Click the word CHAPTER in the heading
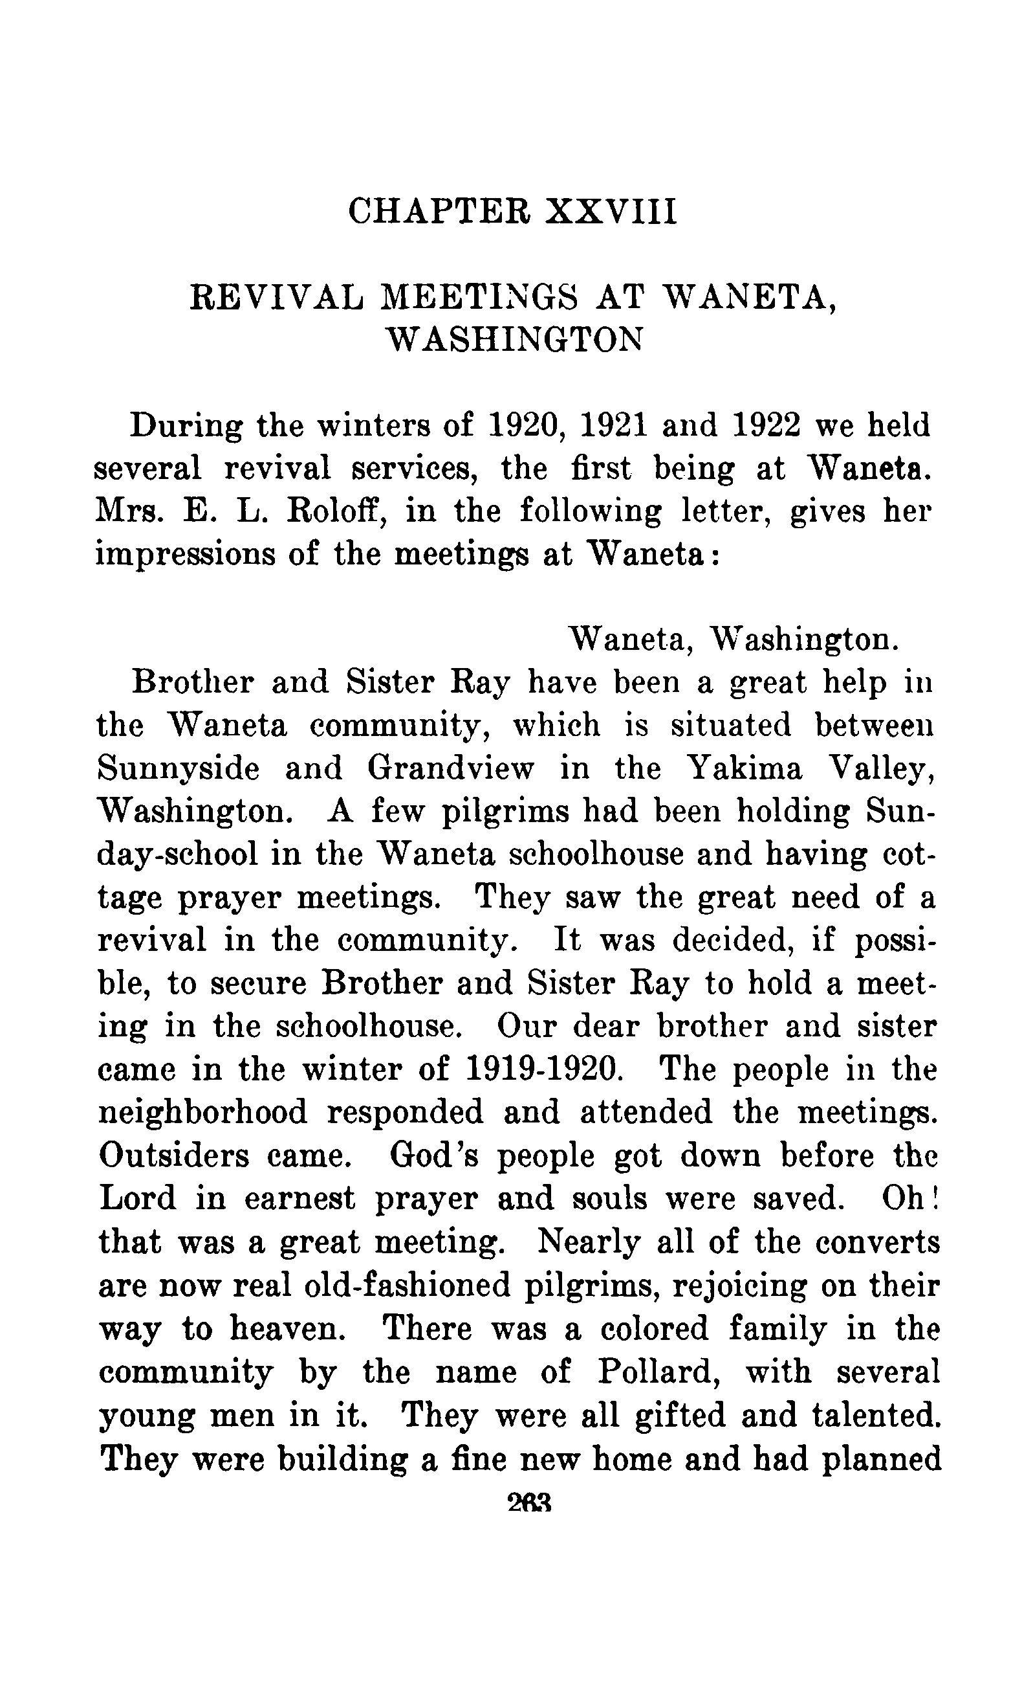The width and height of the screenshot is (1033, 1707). click(x=439, y=210)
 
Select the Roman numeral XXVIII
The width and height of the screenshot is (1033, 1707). click(x=610, y=210)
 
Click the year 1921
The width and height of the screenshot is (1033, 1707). click(x=613, y=425)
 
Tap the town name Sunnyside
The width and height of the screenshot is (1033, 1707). click(x=179, y=768)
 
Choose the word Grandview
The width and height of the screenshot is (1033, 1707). click(x=451, y=768)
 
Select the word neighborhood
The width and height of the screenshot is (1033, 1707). click(x=202, y=1113)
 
